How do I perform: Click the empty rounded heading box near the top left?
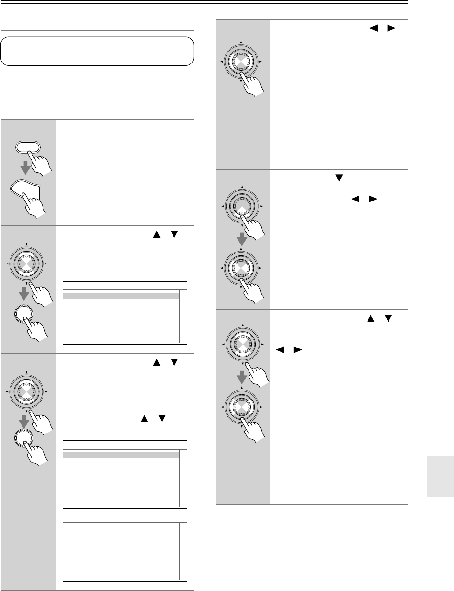click(x=97, y=52)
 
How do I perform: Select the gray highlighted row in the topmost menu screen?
click(x=121, y=296)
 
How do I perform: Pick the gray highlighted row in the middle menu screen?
click(x=121, y=455)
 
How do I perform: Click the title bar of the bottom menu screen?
click(x=125, y=518)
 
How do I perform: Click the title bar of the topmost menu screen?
click(x=125, y=285)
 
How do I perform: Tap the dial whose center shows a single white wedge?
click(x=242, y=206)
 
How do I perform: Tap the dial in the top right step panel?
click(x=242, y=62)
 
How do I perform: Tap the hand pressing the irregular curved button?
click(x=38, y=206)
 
